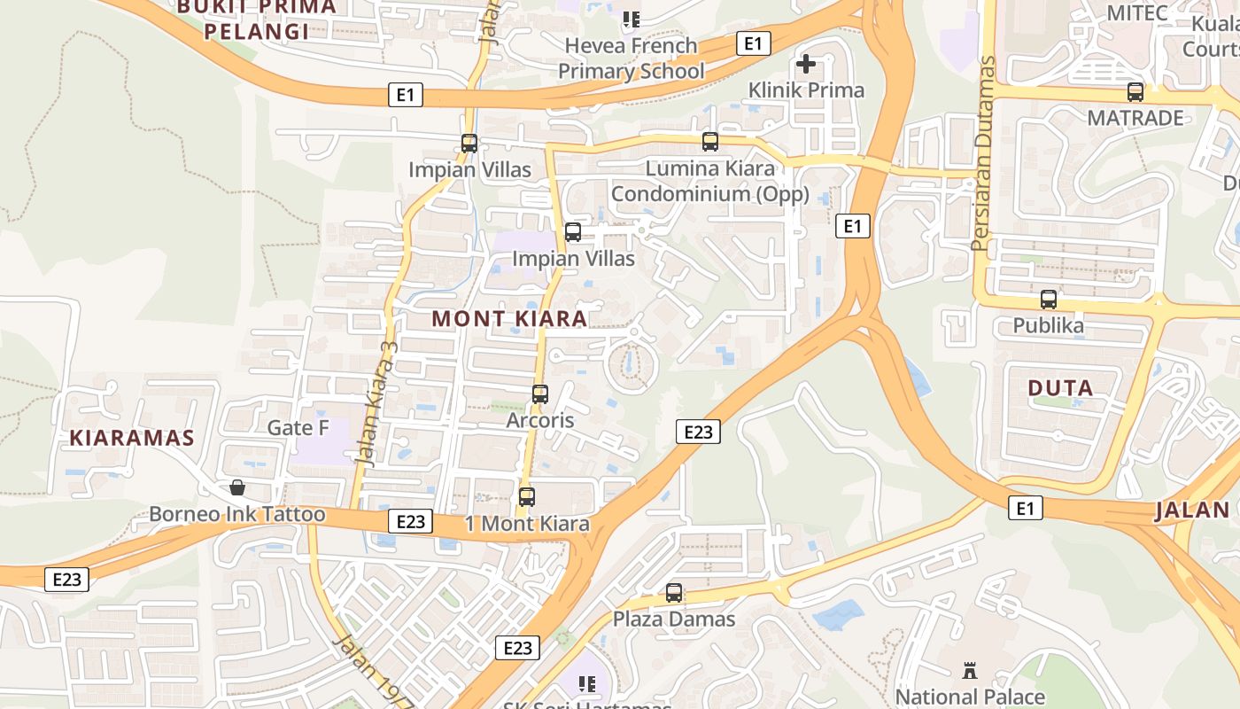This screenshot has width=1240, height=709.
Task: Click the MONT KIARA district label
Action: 509,319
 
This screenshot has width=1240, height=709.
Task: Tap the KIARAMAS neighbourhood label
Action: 132,438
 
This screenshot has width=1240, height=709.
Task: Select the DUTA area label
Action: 1060,387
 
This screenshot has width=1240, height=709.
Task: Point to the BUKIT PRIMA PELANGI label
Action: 257,19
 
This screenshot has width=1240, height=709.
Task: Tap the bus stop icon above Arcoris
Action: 540,393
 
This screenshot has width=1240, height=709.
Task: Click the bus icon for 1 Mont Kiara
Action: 527,497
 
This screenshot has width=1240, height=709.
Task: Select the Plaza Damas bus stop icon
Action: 674,593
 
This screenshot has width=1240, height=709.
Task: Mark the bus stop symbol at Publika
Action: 1049,300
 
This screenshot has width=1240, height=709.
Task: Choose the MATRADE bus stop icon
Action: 1135,91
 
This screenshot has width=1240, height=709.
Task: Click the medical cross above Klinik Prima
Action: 806,64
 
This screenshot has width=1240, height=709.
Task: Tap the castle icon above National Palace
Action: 970,671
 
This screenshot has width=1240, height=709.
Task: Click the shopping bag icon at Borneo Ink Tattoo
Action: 237,487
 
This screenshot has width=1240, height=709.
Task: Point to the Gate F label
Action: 298,428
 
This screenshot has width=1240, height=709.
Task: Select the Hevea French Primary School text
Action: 632,58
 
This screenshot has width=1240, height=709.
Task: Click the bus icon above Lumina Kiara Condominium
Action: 710,141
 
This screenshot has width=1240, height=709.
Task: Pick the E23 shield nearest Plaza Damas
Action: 517,648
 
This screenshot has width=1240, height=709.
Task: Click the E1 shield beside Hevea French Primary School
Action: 753,43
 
